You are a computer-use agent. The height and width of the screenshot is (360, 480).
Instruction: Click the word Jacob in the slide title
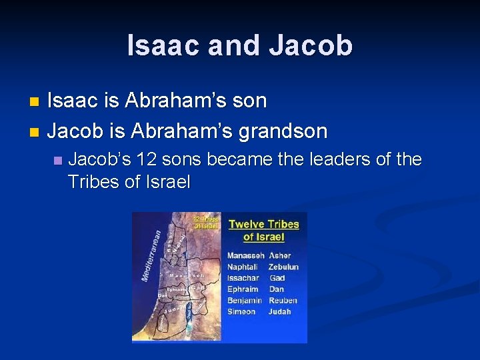tap(311, 45)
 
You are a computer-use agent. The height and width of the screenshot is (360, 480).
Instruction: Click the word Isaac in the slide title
tap(166, 45)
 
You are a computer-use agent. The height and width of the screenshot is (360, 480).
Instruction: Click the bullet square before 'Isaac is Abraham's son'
tap(35, 102)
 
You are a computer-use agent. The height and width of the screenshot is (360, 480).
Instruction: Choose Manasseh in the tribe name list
tap(245, 255)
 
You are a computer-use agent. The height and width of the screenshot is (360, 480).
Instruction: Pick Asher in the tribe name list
tap(280, 255)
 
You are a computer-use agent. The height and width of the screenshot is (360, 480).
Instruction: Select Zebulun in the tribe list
tap(284, 267)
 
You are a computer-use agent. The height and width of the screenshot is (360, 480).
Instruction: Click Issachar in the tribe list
tap(243, 278)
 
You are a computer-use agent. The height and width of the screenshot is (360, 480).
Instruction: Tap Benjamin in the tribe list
tap(244, 301)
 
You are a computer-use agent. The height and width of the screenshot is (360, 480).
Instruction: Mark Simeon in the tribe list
tap(241, 312)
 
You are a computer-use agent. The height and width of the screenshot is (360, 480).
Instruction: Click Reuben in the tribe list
tap(283, 301)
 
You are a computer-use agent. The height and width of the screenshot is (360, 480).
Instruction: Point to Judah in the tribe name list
tap(280, 312)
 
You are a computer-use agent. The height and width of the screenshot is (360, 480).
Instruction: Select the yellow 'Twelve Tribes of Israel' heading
tap(264, 230)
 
